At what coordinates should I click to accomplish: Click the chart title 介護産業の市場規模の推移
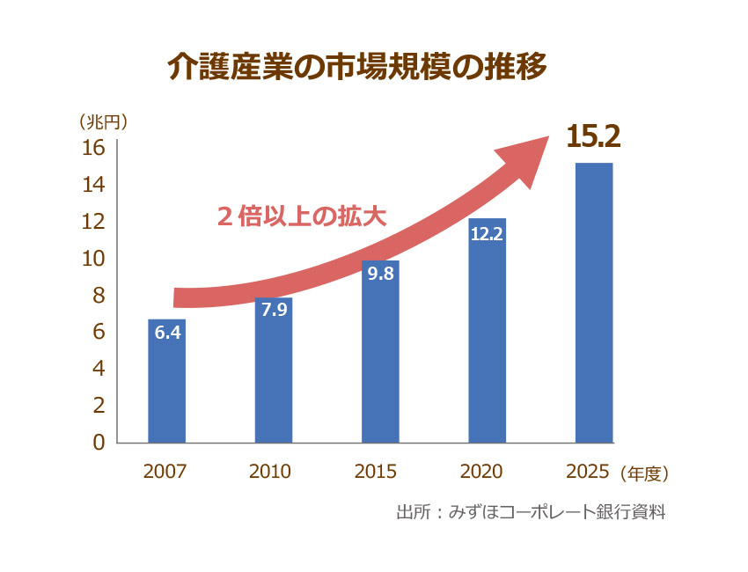click(x=357, y=68)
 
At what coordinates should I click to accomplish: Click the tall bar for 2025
click(x=593, y=304)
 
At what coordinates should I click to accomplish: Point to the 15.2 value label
click(x=593, y=137)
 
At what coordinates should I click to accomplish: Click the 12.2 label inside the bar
click(x=487, y=235)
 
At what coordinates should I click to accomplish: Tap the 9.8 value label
click(x=380, y=274)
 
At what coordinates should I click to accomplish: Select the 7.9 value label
click(x=274, y=310)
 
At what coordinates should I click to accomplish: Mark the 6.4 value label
click(x=167, y=333)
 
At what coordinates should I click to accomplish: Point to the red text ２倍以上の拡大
click(x=301, y=216)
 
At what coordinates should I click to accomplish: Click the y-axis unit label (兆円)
click(x=104, y=121)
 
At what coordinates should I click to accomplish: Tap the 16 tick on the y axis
click(x=94, y=147)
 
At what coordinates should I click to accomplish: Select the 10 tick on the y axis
click(x=94, y=258)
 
